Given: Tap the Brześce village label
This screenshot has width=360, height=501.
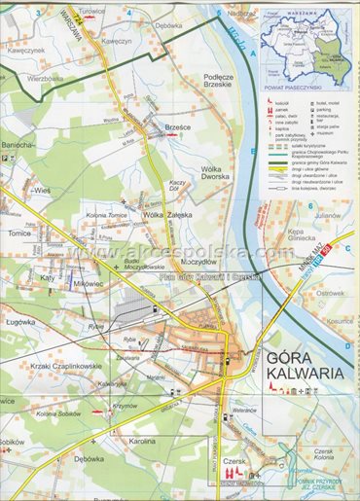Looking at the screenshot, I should [x=178, y=126].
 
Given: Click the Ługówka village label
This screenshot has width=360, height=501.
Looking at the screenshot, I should [x=21, y=318].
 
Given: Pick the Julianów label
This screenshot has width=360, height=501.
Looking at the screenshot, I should [x=328, y=214].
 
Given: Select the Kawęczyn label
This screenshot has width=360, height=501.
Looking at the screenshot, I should [x=116, y=42].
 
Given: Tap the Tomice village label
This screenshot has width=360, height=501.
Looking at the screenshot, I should [x=20, y=233].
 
